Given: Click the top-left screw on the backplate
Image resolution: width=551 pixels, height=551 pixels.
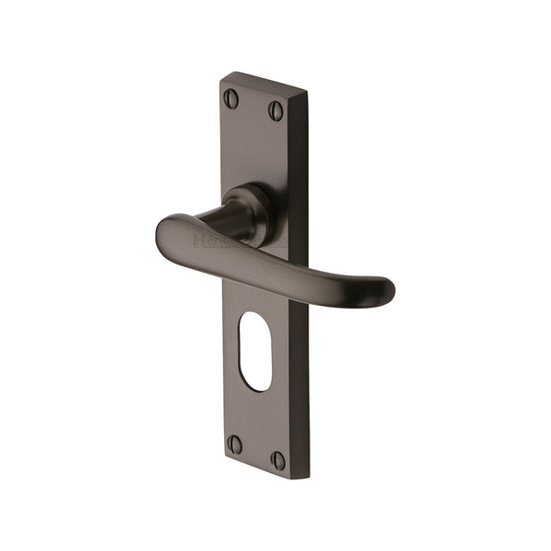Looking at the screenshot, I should point(231,98).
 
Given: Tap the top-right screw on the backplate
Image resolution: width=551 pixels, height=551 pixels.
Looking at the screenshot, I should point(275,111).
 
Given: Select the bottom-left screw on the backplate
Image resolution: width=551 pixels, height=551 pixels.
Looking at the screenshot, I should point(235,444).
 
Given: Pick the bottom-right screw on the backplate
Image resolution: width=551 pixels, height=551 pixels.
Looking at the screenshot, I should point(277,459).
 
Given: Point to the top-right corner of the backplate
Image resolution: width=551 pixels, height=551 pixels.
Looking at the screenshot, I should point(308,92).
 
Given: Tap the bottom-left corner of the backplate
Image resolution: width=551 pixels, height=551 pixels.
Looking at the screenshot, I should point(224,455).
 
